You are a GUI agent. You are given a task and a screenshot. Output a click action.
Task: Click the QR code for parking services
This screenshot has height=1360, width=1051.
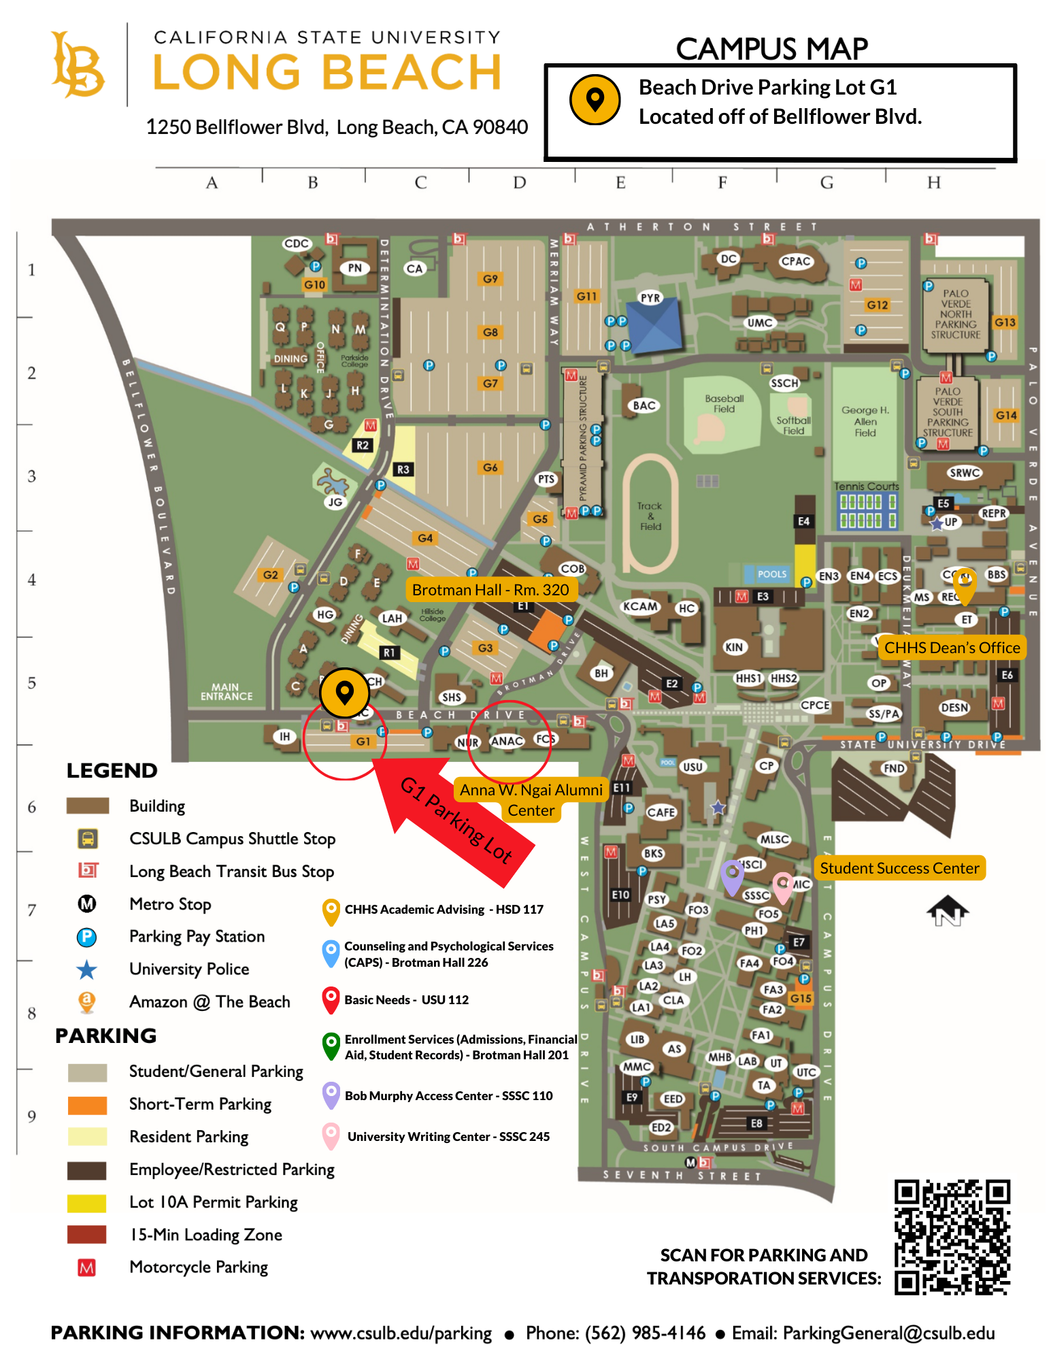951,1236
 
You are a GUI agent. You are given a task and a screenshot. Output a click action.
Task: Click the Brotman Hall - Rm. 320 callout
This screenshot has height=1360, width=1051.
490,590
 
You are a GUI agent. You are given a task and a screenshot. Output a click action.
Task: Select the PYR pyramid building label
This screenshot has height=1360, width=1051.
650,298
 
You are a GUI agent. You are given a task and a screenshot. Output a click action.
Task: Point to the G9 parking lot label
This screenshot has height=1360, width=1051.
490,279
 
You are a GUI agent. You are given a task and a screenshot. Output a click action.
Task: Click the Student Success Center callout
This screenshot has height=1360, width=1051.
899,868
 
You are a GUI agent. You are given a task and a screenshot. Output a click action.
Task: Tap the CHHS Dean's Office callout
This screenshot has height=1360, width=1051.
952,648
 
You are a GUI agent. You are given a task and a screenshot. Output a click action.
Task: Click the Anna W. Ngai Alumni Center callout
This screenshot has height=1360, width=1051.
531,800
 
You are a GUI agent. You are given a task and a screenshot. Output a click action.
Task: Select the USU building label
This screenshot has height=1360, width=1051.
693,767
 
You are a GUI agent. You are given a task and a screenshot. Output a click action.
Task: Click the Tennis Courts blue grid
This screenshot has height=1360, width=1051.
867,511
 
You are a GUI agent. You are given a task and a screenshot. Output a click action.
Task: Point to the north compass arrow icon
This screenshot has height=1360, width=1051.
947,911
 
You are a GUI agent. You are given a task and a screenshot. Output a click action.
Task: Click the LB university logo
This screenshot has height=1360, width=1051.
78,65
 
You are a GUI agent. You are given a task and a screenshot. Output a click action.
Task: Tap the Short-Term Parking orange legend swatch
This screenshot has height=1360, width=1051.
87,1105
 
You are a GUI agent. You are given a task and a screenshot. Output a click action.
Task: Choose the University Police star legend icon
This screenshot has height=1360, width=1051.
87,969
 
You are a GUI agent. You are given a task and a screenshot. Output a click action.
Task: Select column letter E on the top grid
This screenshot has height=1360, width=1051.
620,182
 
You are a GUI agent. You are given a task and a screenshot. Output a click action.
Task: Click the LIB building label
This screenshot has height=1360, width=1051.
637,1040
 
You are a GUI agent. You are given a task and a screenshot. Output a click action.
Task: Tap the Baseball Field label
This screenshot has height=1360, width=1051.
724,403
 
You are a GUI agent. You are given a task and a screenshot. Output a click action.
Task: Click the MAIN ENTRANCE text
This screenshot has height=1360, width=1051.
226,692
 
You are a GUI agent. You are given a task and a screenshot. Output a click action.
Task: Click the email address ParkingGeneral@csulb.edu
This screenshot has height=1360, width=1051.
888,1333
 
